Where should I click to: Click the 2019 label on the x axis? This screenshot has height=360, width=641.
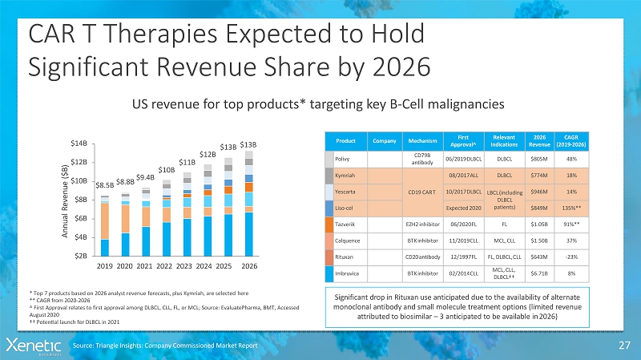tap(105, 265)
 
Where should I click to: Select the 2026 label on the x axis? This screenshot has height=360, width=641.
tap(249, 265)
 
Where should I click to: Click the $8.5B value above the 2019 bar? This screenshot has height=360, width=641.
tap(105, 185)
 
